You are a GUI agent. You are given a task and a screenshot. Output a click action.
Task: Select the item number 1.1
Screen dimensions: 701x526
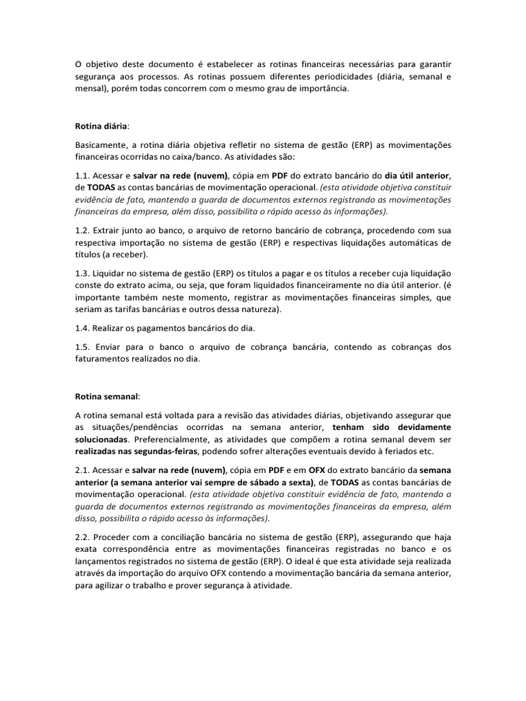point(82,175)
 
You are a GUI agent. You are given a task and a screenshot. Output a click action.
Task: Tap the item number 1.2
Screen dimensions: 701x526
point(82,230)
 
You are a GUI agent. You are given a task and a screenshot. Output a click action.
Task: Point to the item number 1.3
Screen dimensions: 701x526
point(82,272)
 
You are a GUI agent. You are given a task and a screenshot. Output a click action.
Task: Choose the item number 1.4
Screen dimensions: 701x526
point(82,328)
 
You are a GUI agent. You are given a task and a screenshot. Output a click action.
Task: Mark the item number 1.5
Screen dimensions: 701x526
point(82,347)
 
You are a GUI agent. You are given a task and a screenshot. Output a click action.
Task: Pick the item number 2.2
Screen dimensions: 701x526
point(82,537)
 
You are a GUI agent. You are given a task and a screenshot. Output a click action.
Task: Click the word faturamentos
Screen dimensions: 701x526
point(105,359)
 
